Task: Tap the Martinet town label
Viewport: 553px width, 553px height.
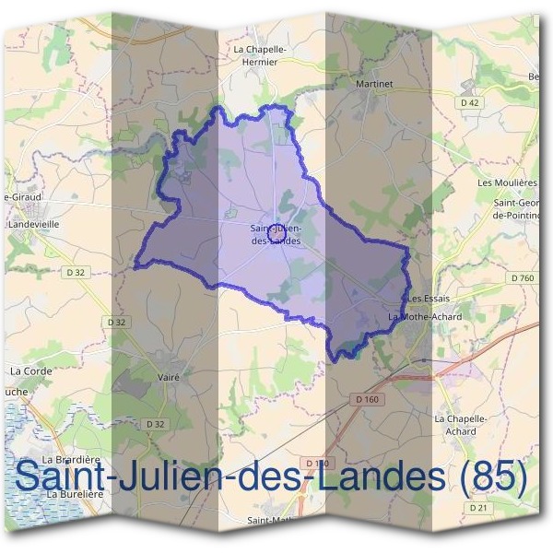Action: [x=373, y=84]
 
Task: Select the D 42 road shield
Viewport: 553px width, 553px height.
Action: [x=469, y=103]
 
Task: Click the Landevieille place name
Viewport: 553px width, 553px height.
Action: [x=33, y=224]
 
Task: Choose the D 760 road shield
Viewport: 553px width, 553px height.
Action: [x=522, y=277]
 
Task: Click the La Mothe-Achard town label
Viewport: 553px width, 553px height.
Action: [x=425, y=316]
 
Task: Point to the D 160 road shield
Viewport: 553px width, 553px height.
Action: [x=366, y=398]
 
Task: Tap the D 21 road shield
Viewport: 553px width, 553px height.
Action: [x=477, y=508]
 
